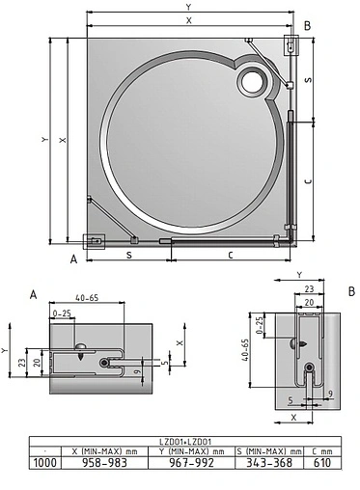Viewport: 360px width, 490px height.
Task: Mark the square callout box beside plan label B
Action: [x=291, y=44]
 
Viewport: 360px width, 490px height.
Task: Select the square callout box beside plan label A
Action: [x=94, y=241]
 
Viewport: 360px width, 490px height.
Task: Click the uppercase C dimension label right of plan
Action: [x=306, y=180]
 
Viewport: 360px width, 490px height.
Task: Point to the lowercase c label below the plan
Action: [x=230, y=255]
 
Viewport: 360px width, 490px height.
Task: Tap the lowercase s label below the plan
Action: [x=129, y=255]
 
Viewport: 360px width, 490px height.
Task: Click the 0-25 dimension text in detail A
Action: [x=63, y=313]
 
